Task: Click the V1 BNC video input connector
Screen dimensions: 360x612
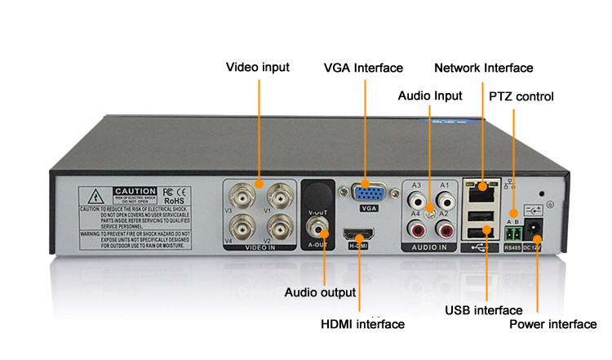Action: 279,196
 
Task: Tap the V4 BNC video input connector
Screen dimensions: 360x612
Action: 242,224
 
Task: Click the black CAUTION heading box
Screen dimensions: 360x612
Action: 134,191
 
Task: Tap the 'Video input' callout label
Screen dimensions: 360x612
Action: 257,67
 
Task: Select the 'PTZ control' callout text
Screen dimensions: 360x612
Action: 521,96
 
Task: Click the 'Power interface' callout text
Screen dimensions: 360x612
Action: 552,324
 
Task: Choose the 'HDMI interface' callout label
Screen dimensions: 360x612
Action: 362,324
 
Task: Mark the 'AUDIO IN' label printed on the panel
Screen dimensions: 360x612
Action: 430,247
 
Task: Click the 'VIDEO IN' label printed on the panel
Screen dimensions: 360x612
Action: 261,247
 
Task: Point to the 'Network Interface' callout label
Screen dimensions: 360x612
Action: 483,68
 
